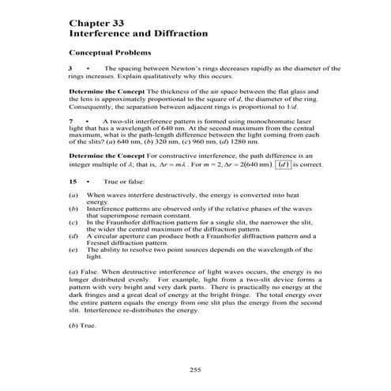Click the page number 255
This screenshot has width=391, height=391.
[195, 370]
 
